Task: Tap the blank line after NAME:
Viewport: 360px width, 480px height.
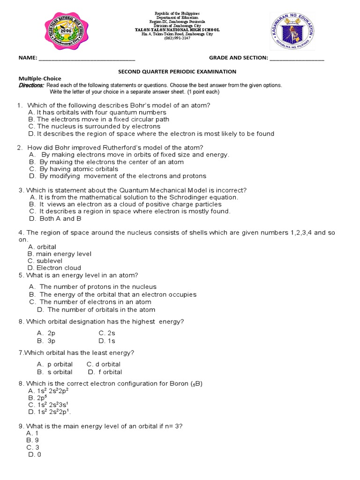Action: click(87, 59)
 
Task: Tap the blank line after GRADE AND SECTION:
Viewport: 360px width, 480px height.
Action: click(297, 59)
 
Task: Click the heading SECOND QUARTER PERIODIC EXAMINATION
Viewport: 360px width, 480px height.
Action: click(177, 72)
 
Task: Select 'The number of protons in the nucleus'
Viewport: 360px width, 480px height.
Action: click(98, 286)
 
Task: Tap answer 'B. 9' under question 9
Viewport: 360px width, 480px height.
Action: click(31, 440)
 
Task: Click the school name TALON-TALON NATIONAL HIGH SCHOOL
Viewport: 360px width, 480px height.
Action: click(177, 30)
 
